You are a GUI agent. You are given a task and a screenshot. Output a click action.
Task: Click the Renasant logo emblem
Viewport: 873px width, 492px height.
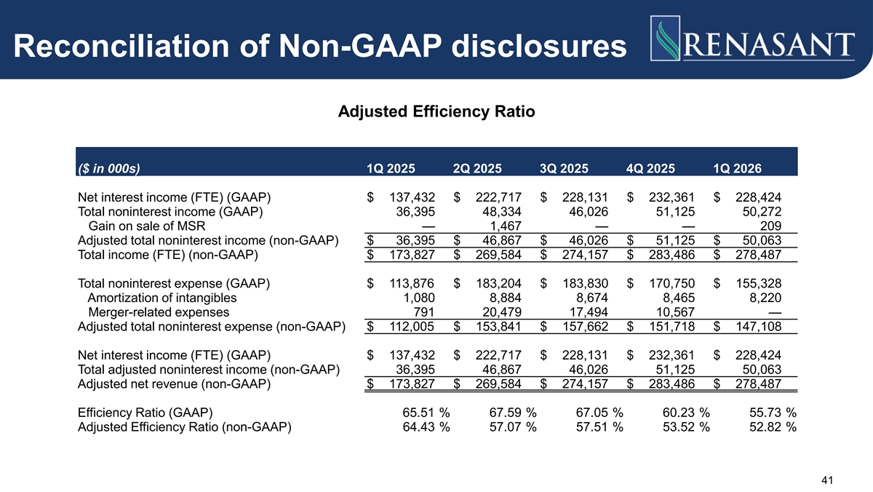665,38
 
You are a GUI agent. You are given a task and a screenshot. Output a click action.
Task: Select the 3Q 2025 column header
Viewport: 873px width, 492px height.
564,168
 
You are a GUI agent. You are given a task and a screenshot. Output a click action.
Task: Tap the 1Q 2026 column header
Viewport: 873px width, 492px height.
737,168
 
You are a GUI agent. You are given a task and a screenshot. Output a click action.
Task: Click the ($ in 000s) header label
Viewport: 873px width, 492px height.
109,168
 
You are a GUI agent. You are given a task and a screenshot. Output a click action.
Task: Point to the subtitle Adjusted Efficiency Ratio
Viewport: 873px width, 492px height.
436,111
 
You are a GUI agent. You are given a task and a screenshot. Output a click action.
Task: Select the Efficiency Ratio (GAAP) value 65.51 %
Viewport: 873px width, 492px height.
426,413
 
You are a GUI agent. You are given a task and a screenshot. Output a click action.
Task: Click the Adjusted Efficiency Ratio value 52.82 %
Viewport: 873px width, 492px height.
773,427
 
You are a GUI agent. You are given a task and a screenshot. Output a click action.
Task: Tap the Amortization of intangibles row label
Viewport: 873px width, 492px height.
162,298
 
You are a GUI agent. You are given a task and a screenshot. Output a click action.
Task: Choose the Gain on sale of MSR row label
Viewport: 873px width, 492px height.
146,226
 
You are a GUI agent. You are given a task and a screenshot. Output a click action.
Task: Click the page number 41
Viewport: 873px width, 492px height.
827,480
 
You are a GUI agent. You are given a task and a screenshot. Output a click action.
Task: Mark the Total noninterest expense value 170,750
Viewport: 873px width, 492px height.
672,283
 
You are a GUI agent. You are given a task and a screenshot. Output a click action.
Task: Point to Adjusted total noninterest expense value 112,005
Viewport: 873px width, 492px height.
412,327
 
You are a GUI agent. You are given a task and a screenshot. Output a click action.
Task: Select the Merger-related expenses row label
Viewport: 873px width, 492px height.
159,312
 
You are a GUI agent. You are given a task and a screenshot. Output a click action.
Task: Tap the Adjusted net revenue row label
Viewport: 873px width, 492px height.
174,384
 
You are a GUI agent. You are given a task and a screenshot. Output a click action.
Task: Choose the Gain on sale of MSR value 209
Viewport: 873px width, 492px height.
770,226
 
